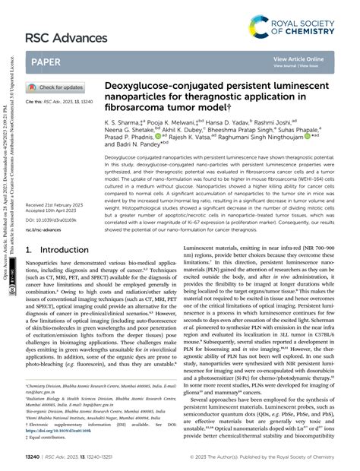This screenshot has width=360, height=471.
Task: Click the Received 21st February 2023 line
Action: point(55,206)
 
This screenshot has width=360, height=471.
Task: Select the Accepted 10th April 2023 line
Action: point(52,212)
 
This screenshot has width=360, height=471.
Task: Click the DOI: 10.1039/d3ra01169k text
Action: point(52,220)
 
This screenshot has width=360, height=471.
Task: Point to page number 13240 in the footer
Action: point(33,458)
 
